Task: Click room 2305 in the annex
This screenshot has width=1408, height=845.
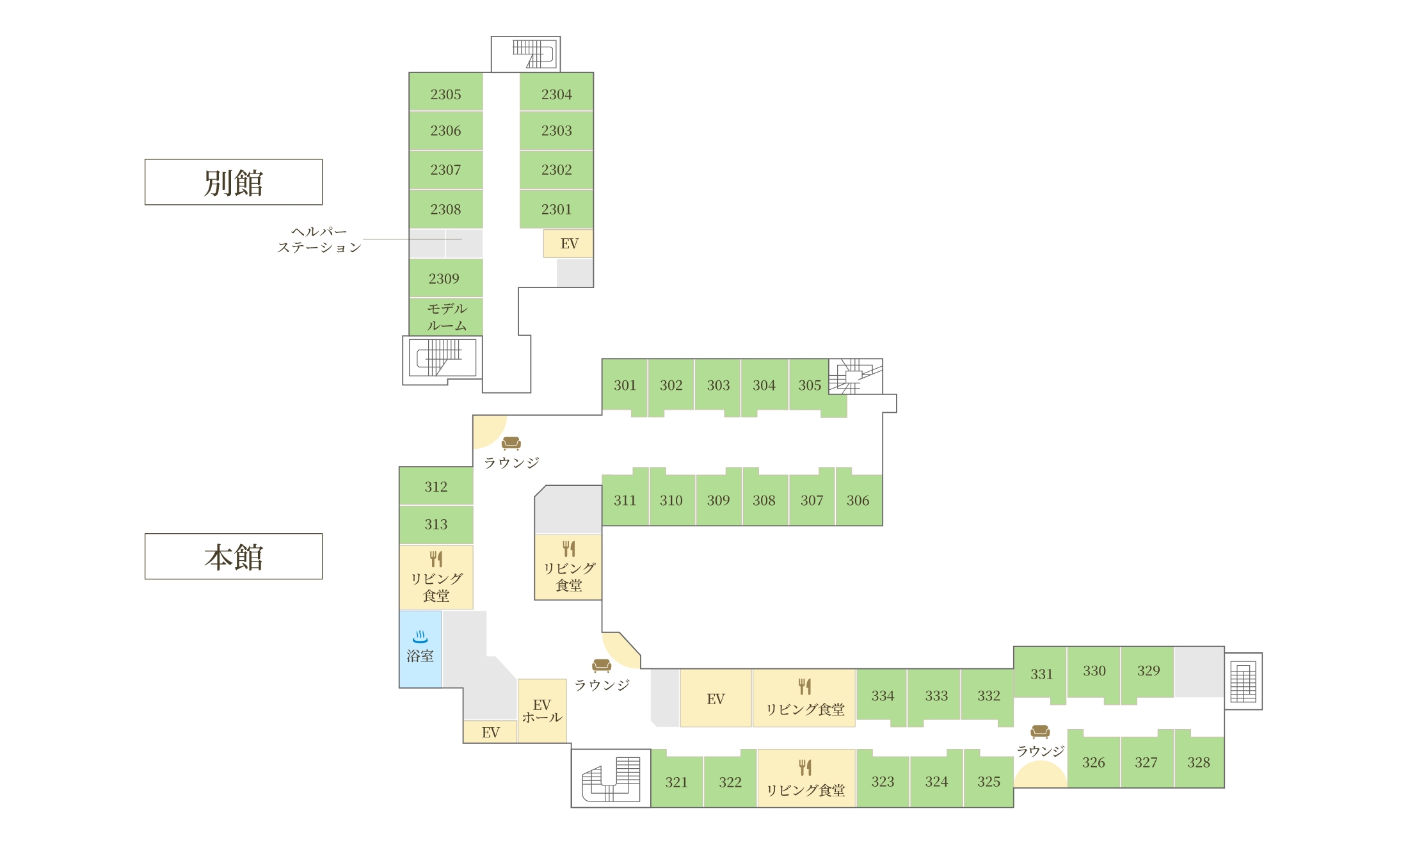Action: coord(445,92)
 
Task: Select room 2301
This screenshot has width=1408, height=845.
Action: coord(556,209)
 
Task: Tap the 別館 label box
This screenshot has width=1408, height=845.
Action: coord(234,182)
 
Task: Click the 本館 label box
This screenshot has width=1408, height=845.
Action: coord(234,556)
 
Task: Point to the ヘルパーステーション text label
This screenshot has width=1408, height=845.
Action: coord(319,239)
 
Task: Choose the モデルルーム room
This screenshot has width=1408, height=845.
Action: coord(445,317)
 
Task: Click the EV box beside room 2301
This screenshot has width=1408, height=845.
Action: coord(568,243)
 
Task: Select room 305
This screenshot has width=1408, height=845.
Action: coord(810,385)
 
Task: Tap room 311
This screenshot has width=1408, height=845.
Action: coord(625,500)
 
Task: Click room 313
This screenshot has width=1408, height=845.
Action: coord(436,524)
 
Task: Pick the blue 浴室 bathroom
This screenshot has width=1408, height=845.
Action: coord(420,649)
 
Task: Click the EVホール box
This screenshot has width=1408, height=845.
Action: coord(542,711)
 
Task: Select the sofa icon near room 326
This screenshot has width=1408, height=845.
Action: coord(1040,731)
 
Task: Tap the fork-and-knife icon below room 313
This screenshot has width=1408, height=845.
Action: coord(436,559)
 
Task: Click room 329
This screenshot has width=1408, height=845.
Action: coord(1148,671)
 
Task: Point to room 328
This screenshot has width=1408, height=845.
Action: coord(1199,761)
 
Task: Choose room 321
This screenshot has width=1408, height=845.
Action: coord(676,781)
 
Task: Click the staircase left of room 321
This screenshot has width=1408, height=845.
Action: coord(611,778)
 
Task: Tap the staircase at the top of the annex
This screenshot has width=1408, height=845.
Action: coord(526,54)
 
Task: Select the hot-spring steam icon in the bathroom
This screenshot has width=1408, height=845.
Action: coord(420,636)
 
